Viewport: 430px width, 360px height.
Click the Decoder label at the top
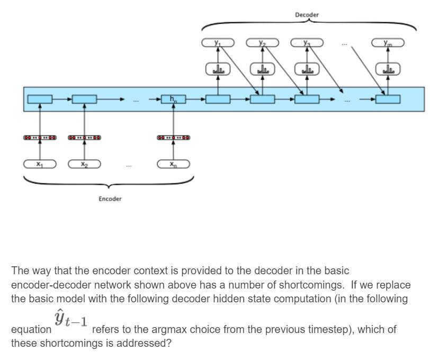(x=307, y=15)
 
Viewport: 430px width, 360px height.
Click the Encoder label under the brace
(x=110, y=199)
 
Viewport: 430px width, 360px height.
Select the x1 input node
(x=40, y=165)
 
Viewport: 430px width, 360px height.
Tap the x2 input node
(x=84, y=165)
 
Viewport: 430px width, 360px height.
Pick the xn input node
(x=173, y=165)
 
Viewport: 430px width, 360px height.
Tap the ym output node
(x=388, y=43)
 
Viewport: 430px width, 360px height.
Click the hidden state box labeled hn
(x=173, y=99)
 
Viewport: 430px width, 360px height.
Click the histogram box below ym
(x=388, y=69)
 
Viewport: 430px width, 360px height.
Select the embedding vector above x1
(x=40, y=138)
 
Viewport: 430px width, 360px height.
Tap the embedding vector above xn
(x=173, y=138)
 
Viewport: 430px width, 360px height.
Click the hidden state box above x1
(x=40, y=99)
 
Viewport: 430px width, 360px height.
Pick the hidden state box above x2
(x=84, y=99)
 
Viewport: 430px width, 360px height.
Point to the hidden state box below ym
(x=388, y=99)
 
